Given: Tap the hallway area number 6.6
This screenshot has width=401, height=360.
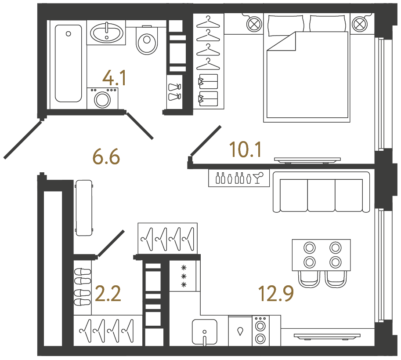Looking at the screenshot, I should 106,156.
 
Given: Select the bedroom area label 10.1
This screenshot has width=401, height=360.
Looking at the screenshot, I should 246,149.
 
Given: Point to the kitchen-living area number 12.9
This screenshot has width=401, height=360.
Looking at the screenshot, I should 276,294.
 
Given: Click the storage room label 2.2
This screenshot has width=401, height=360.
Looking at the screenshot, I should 108,294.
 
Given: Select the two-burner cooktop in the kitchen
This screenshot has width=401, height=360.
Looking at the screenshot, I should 260,332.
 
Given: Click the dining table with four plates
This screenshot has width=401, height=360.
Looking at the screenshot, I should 322,255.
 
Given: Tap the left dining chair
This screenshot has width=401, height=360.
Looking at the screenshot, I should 309,279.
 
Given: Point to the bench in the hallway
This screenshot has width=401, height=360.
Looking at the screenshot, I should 84,207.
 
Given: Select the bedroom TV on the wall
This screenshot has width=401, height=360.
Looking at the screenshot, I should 307,160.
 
